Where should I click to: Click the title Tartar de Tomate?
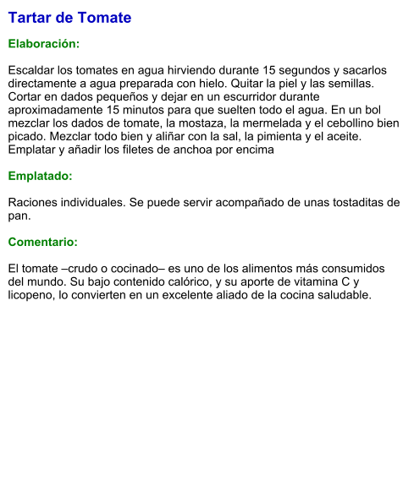point(69,18)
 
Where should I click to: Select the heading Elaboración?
point(43,43)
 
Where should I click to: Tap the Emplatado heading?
point(40,177)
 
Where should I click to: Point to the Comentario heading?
point(42,242)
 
